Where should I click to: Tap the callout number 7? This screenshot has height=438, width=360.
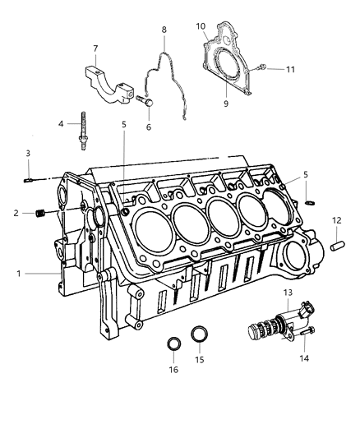95,48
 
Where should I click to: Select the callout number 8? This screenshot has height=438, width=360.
164,30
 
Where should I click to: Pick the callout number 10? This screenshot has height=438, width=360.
200,26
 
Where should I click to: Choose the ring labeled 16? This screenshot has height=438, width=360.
173,343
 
